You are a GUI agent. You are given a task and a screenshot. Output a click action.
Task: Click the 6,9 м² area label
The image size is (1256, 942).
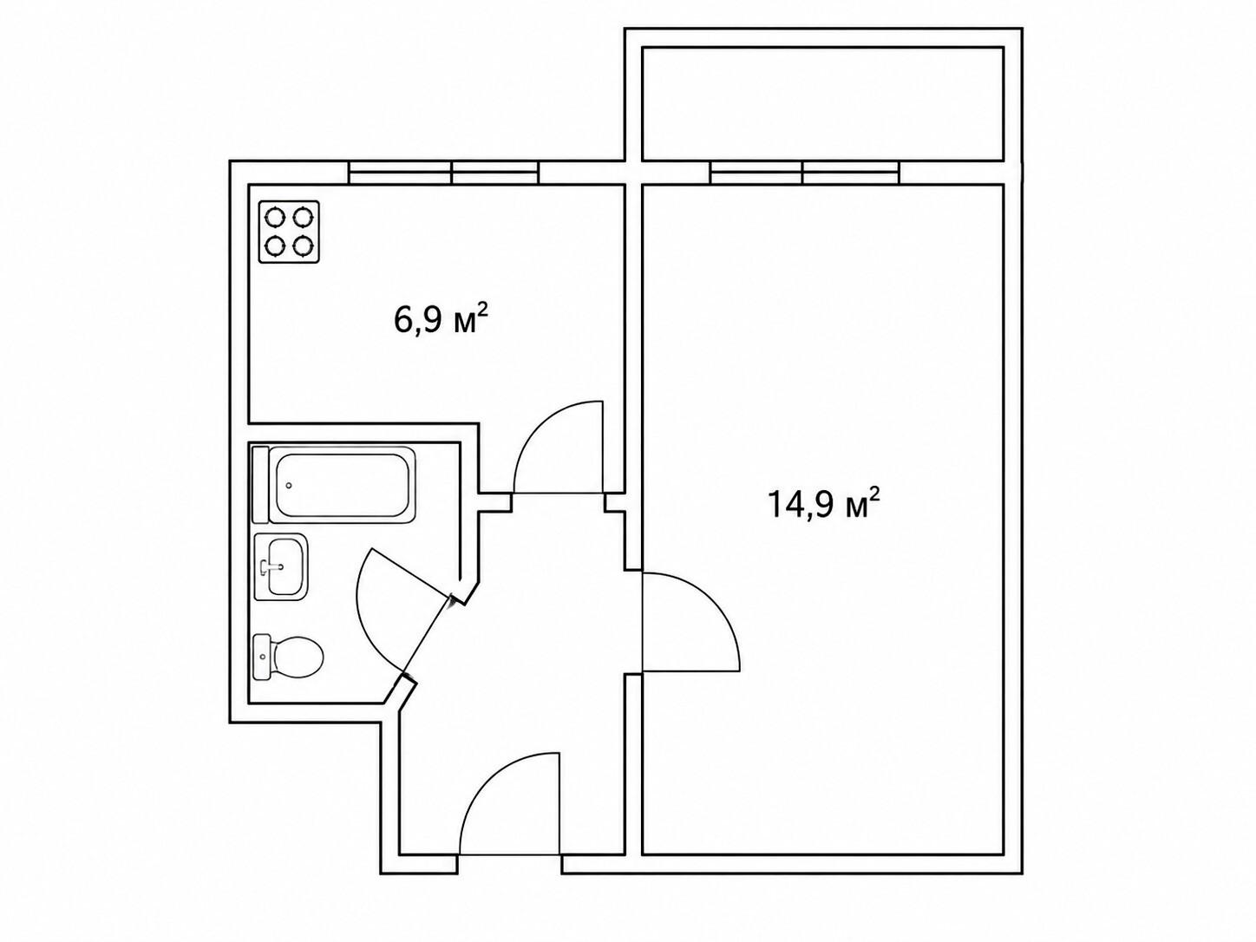tap(441, 320)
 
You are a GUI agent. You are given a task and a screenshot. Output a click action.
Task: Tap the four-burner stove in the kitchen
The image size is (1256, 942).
tap(288, 232)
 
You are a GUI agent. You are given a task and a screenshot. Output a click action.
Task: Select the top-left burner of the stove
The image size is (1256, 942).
tap(275, 217)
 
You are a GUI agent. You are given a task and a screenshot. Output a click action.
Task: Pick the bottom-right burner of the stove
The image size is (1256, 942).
tap(302, 246)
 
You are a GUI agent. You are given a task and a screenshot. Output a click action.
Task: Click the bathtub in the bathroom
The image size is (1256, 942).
tap(334, 485)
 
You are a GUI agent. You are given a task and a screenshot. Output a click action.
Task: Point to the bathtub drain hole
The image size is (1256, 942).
tap(289, 486)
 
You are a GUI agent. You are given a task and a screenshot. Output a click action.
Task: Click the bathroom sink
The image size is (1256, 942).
tap(281, 566)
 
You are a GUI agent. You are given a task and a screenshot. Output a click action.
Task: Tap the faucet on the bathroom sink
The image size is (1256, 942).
tap(272, 566)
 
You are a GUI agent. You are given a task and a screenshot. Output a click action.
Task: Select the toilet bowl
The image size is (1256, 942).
tap(297, 657)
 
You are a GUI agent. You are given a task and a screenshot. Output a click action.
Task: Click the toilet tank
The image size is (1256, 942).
tap(261, 657)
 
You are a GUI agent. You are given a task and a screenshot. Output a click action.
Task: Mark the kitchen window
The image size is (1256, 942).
tap(444, 172)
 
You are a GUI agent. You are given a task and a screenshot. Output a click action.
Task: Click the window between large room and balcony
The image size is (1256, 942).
tap(805, 172)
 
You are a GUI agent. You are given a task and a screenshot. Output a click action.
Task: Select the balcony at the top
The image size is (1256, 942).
tap(823, 103)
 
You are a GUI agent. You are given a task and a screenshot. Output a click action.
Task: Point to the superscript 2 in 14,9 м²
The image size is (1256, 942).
tap(873, 493)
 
